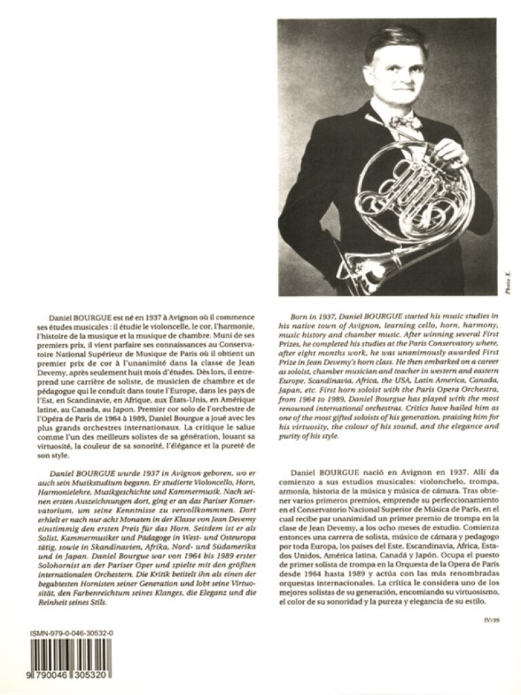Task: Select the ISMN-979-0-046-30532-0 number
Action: pyautogui.click(x=71, y=633)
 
